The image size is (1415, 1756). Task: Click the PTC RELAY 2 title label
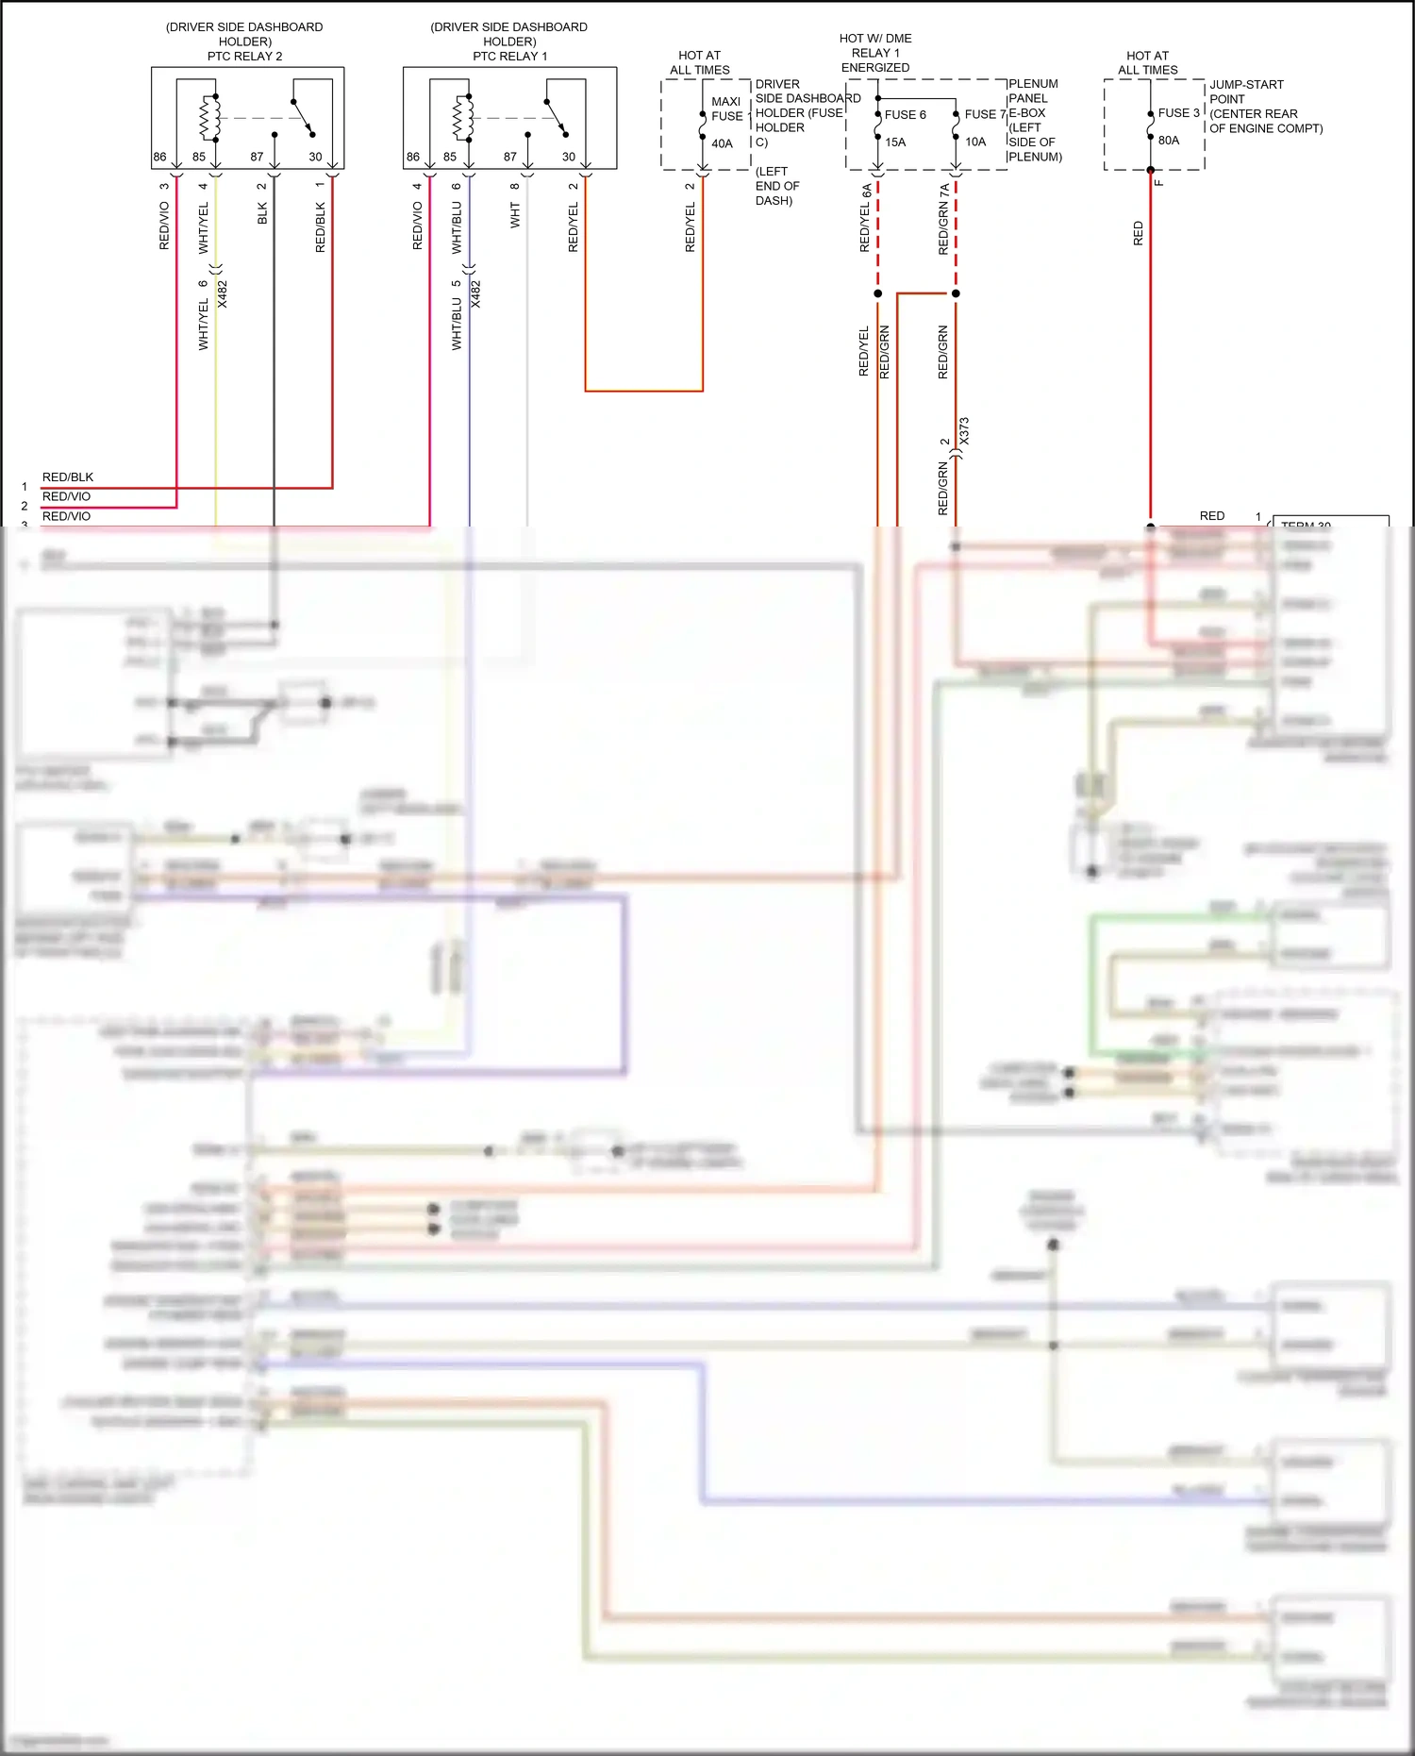click(244, 57)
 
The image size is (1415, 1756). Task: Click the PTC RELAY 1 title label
click(509, 57)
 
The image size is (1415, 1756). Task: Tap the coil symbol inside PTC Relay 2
click(209, 118)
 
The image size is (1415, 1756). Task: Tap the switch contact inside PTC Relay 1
click(557, 118)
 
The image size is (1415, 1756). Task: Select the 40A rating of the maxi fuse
click(722, 144)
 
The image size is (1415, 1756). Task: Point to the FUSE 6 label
click(905, 115)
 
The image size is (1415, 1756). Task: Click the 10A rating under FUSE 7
click(975, 142)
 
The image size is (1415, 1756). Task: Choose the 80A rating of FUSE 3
click(1169, 141)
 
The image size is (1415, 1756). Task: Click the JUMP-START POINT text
click(1246, 92)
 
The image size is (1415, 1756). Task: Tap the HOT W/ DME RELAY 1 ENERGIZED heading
click(875, 53)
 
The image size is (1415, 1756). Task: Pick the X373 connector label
click(964, 431)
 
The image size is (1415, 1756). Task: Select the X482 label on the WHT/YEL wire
click(223, 293)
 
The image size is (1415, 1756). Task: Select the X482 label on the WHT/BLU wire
click(475, 293)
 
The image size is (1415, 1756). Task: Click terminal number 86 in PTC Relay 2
click(159, 158)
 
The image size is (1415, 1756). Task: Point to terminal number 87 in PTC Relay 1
click(509, 158)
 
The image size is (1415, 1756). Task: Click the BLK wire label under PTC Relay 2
click(262, 213)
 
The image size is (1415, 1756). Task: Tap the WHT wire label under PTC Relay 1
click(515, 217)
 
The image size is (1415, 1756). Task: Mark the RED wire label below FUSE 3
click(1138, 234)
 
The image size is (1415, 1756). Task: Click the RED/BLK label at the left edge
click(68, 477)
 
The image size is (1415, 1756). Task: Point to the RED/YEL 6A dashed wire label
click(865, 218)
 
